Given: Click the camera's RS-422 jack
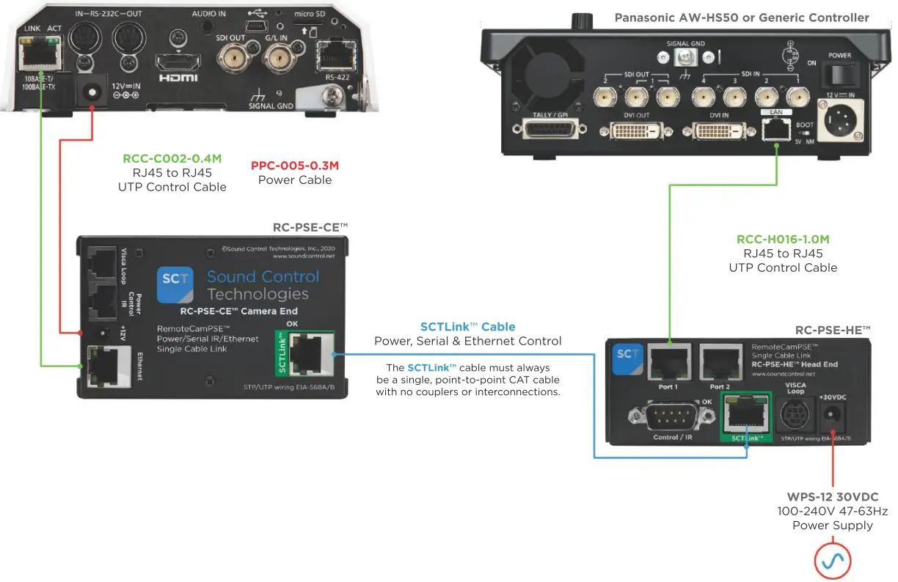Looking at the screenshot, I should pos(334,54).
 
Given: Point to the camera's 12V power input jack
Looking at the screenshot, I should pos(92,92).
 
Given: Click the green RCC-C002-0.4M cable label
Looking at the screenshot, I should pos(172,158).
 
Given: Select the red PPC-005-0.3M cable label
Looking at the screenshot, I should pos(295,166).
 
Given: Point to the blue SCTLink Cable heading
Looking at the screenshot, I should pos(467,327).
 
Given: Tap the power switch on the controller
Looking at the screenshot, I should pos(839,74).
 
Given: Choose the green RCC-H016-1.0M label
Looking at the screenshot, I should pos(783,239).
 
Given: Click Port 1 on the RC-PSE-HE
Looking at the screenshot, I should pos(668,361).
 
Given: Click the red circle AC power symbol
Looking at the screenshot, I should pos(833,561).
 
